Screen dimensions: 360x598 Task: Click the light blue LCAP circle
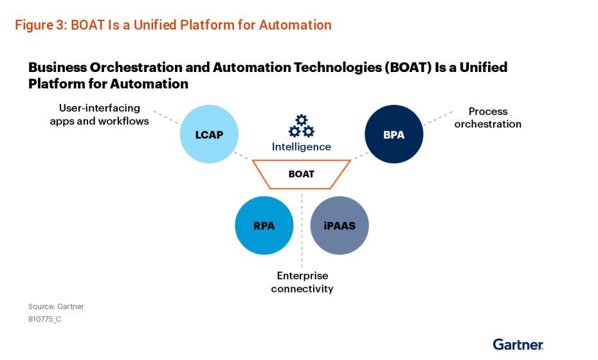point(208,134)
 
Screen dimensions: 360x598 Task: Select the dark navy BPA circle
point(394,134)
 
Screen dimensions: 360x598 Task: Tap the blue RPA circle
point(264,225)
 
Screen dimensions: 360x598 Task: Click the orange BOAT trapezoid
point(301,174)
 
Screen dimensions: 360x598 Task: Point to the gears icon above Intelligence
point(301,126)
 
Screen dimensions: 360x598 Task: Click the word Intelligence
point(301,147)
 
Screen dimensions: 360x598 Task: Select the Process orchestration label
point(487,118)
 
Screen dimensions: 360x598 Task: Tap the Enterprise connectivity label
point(302,282)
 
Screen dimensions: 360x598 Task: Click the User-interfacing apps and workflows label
point(99,114)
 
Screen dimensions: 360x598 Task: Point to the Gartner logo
point(518,344)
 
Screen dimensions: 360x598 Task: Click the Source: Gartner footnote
point(56,307)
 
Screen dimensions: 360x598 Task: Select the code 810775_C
point(44,319)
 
